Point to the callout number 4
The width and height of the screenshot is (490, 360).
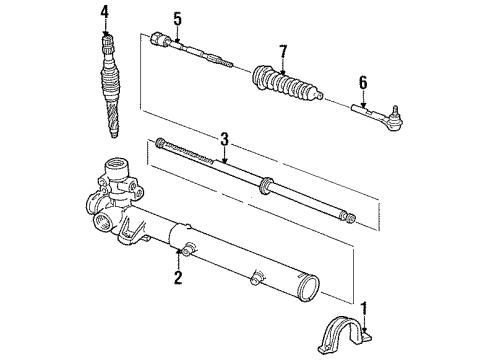coord(104,11)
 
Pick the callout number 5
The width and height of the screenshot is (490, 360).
coord(177,17)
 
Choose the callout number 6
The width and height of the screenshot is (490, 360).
coord(363,83)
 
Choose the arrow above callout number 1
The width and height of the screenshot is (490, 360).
coord(364,322)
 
